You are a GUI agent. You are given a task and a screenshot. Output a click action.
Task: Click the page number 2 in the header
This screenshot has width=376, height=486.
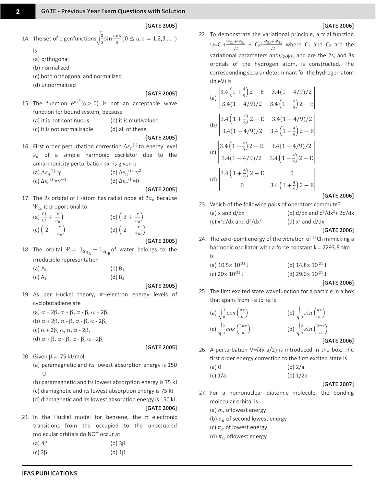point(18,11)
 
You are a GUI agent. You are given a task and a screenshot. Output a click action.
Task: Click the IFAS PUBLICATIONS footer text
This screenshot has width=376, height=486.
point(49,473)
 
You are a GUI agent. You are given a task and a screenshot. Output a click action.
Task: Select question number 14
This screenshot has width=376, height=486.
point(26,39)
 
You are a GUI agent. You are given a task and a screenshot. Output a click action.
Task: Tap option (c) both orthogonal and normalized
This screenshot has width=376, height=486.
point(77,76)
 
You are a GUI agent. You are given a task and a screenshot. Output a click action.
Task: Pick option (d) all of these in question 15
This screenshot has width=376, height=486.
point(128,129)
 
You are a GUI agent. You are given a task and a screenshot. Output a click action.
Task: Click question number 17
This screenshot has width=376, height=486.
point(26,198)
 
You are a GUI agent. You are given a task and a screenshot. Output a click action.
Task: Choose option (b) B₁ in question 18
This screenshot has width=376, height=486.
point(117,269)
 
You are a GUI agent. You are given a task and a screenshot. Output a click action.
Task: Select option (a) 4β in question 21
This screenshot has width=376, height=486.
point(40,444)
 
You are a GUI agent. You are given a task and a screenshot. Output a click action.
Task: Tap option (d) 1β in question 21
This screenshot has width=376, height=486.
point(118,452)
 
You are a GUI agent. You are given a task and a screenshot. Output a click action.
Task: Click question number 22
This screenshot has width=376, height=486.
point(202,34)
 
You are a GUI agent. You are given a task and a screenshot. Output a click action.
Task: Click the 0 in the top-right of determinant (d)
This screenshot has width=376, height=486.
point(292,173)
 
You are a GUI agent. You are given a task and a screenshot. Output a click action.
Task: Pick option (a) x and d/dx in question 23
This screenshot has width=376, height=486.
point(227,213)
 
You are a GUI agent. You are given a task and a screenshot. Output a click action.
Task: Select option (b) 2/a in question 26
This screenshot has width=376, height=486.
point(296,367)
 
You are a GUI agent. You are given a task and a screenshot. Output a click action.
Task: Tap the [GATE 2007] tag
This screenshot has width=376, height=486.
point(338,384)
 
